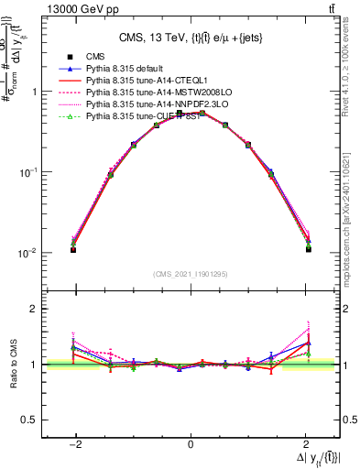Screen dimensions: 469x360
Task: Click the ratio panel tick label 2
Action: [34, 309]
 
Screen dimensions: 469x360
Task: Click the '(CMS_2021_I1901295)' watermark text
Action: [191, 274]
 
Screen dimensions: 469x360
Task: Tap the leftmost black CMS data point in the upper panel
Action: [73, 249]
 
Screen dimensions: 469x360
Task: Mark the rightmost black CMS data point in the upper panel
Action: [309, 249]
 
